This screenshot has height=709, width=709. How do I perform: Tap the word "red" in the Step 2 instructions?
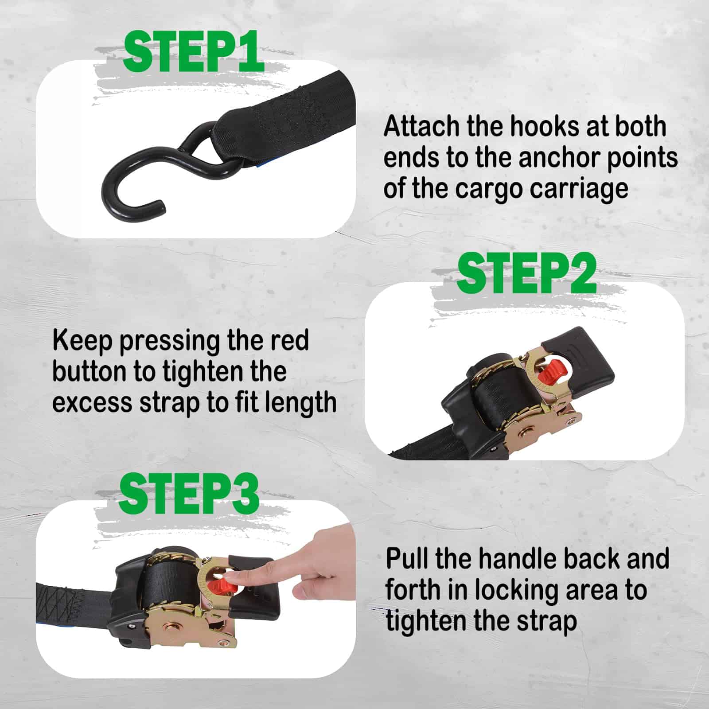coord(288,341)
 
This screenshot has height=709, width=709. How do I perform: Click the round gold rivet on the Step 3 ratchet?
coord(170,629)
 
